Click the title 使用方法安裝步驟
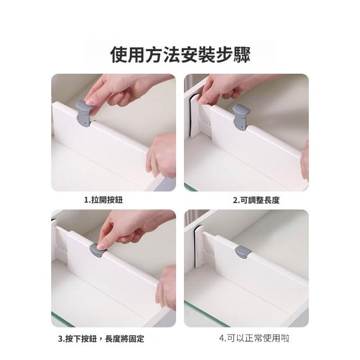tap(180, 55)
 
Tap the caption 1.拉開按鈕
tap(103, 200)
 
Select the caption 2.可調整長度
tap(256, 200)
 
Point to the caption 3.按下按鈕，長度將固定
tap(101, 339)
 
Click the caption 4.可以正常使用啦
tap(254, 338)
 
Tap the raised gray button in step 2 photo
tap(241, 118)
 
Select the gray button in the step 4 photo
tap(243, 252)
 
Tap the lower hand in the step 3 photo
tap(166, 287)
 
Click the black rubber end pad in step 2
tap(190, 117)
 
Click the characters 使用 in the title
tap(128, 55)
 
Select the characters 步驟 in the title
tap(233, 55)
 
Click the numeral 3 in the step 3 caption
tap(60, 339)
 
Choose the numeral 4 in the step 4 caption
tap(222, 339)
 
